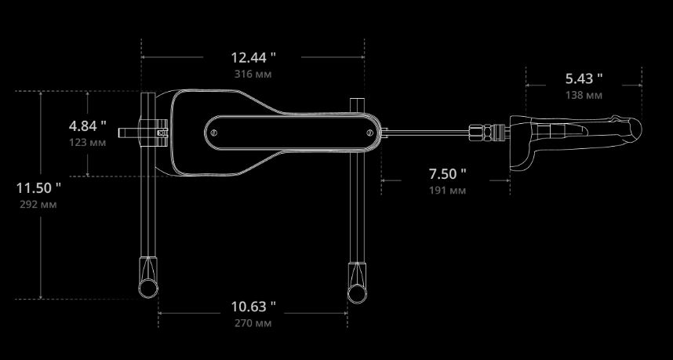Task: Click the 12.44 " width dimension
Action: point(253,57)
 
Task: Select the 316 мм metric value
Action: point(253,74)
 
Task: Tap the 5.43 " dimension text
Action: point(584,78)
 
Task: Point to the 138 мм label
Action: point(584,95)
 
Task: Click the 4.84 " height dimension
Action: point(88,126)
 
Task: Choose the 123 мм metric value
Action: point(88,142)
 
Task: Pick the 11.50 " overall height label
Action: point(38,188)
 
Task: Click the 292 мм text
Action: point(38,205)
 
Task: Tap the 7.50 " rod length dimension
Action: point(448,174)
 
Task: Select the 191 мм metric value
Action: point(448,191)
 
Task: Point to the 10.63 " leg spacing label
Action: point(253,307)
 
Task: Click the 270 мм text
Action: point(253,323)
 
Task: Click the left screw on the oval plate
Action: point(214,133)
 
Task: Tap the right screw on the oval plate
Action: point(370,133)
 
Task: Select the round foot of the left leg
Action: point(148,289)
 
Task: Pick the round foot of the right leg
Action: point(357,293)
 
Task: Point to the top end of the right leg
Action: point(357,100)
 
